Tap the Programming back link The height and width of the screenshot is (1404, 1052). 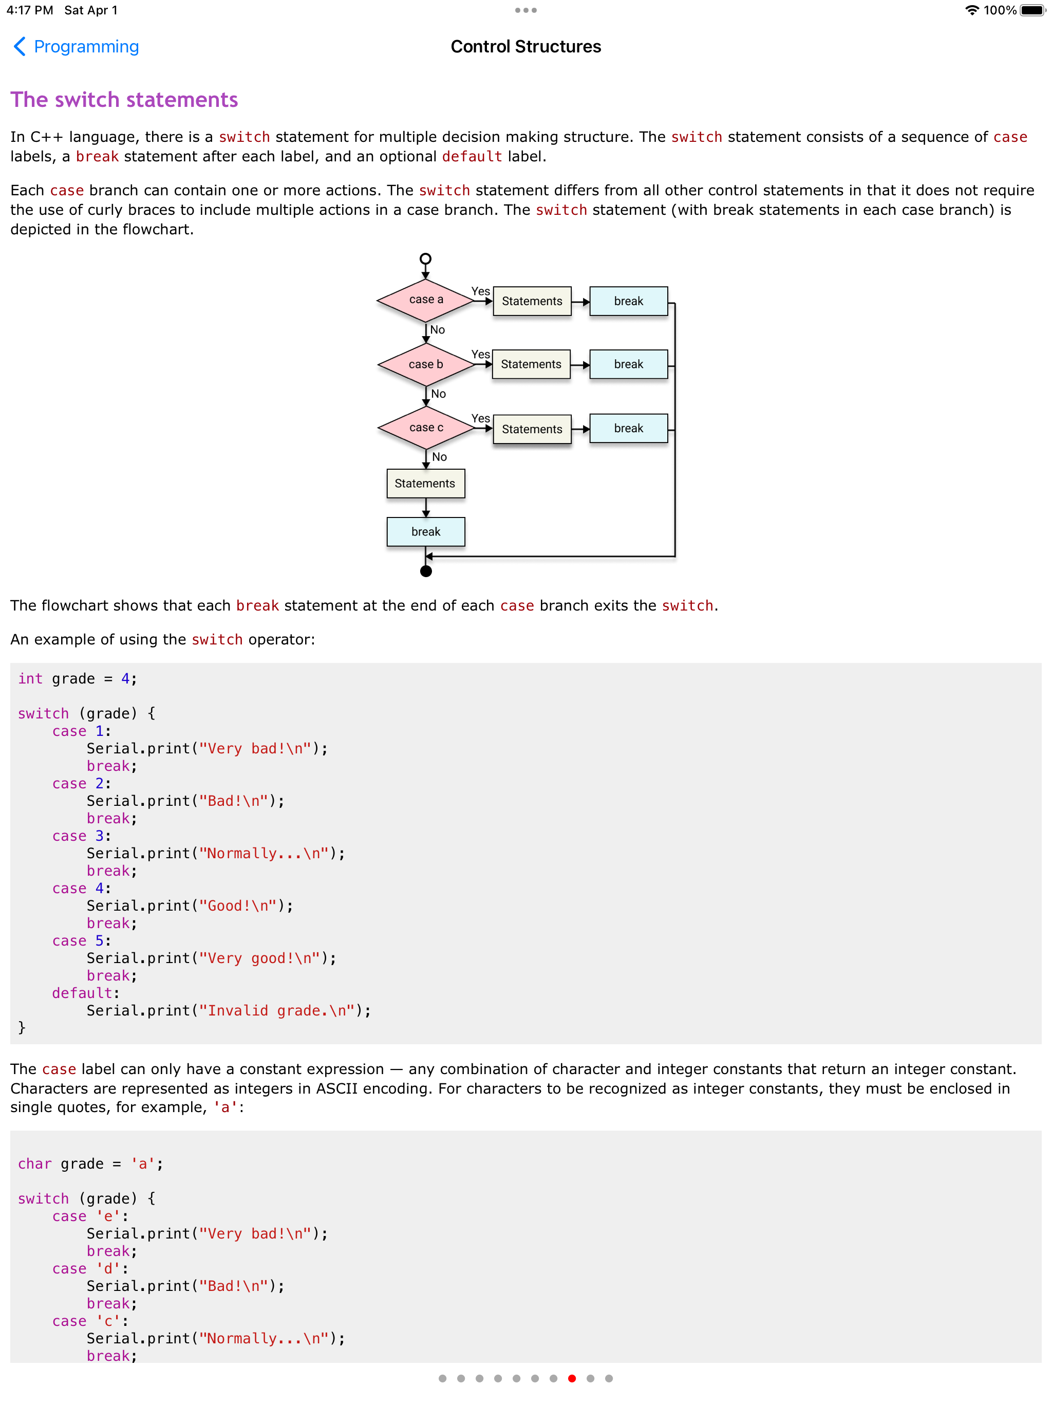(x=76, y=46)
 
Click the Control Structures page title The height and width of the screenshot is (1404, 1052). (x=525, y=46)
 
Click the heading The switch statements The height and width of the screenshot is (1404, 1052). (x=124, y=100)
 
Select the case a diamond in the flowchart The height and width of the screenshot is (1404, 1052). (x=426, y=300)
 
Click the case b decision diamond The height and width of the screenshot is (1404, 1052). (x=426, y=364)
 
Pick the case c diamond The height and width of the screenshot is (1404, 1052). (x=426, y=428)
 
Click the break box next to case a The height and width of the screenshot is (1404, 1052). (x=628, y=301)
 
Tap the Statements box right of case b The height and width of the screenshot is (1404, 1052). (x=531, y=364)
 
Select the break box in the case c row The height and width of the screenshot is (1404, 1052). (x=628, y=429)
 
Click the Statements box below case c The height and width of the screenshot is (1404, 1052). (x=425, y=484)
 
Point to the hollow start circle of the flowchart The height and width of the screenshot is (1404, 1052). (x=426, y=258)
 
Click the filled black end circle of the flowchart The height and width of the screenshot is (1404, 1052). (x=426, y=571)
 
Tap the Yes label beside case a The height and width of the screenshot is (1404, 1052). (x=480, y=291)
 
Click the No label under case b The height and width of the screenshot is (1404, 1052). (x=439, y=394)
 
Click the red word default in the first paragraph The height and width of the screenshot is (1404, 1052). (x=472, y=157)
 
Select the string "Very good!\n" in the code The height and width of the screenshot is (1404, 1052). (x=259, y=958)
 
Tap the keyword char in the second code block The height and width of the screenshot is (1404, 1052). (x=35, y=1163)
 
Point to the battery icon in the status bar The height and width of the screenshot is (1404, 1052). (x=1032, y=10)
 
